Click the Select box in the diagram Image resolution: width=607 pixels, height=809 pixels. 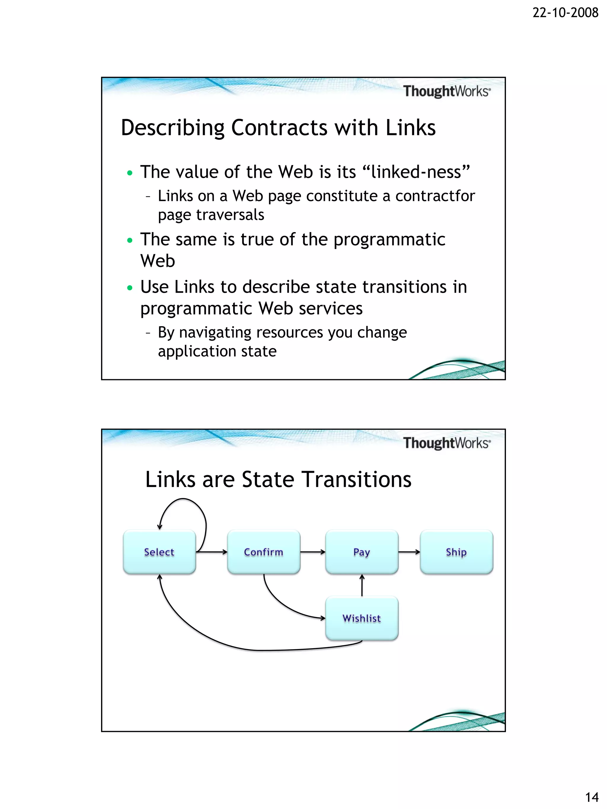pyautogui.click(x=159, y=552)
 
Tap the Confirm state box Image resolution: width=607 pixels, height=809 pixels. pyautogui.click(x=263, y=552)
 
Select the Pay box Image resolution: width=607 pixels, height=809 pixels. pyautogui.click(x=362, y=552)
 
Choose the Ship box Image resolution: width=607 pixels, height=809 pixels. pyautogui.click(x=456, y=552)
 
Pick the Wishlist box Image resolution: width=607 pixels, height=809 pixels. pyautogui.click(x=362, y=618)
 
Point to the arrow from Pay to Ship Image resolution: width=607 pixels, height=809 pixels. pyautogui.click(x=409, y=552)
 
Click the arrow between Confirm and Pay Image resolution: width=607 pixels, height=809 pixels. pyautogui.click(x=313, y=552)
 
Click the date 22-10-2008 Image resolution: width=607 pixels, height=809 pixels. pyautogui.click(x=565, y=13)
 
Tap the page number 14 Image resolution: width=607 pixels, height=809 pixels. pyautogui.click(x=592, y=797)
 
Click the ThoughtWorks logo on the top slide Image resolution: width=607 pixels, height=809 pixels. pyautogui.click(x=446, y=91)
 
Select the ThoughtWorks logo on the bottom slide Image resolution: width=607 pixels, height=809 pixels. pyautogui.click(x=446, y=443)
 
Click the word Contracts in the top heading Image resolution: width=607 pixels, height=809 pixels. pyautogui.click(x=279, y=128)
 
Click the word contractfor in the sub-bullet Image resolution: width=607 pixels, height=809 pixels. pyautogui.click(x=435, y=196)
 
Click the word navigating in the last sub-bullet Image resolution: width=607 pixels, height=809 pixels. pyautogui.click(x=214, y=332)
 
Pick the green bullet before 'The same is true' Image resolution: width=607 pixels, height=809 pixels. pyautogui.click(x=130, y=240)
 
